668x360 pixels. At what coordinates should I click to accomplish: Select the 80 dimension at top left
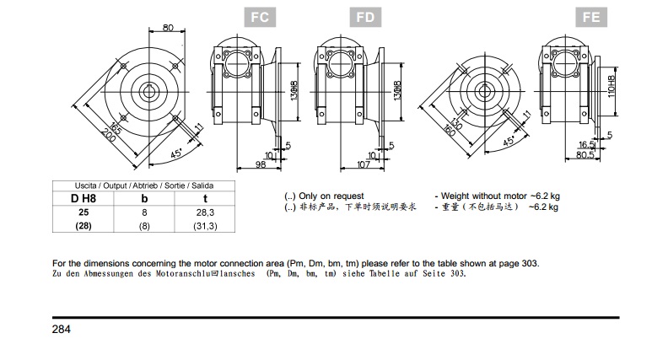click(x=168, y=28)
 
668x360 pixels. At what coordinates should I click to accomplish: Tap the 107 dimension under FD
click(x=365, y=164)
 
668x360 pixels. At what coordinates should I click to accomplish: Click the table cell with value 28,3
click(x=206, y=213)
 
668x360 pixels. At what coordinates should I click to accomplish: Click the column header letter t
click(x=206, y=199)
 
